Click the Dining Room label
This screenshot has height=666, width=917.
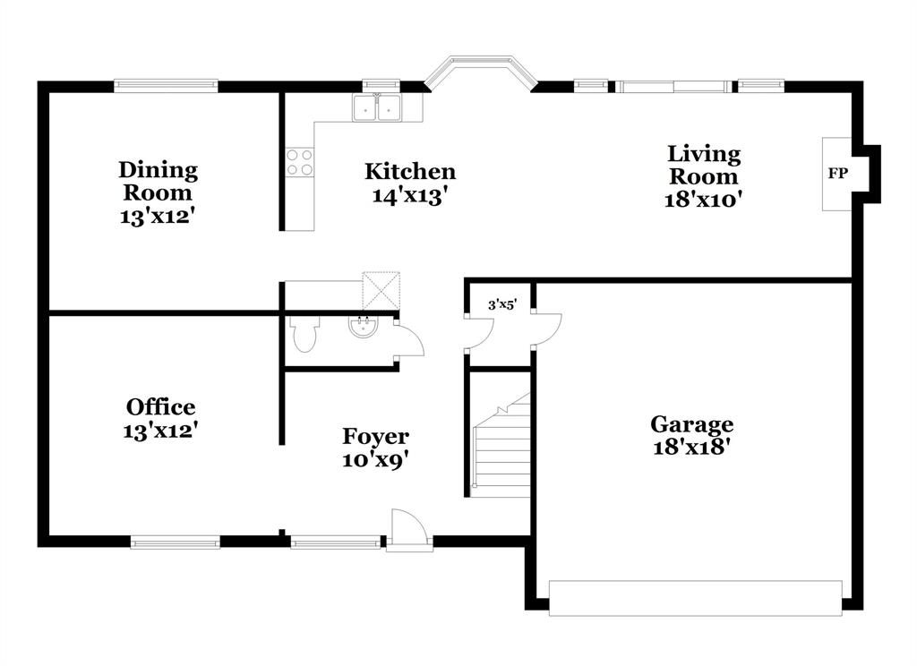pos(159,181)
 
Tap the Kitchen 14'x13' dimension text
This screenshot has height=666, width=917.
pos(409,195)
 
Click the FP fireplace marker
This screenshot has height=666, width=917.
pos(837,174)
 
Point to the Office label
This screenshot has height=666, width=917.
pos(160,407)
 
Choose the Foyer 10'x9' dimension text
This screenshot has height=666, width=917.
pos(375,459)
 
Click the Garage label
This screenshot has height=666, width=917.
pos(691,424)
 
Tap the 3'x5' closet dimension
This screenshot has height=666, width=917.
pos(502,305)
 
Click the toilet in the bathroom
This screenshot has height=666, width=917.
pos(304,335)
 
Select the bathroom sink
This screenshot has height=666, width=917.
pos(364,326)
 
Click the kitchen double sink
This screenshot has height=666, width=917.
pos(377,107)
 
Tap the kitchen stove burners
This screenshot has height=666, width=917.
pos(299,161)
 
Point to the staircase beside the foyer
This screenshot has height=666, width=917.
pos(502,448)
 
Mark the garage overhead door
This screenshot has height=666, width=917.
pos(695,597)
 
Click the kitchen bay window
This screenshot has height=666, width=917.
pos(479,72)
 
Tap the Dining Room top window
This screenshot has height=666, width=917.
pos(166,86)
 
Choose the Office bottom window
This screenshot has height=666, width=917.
pos(176,541)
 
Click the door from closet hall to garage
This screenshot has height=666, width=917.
pos(546,329)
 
